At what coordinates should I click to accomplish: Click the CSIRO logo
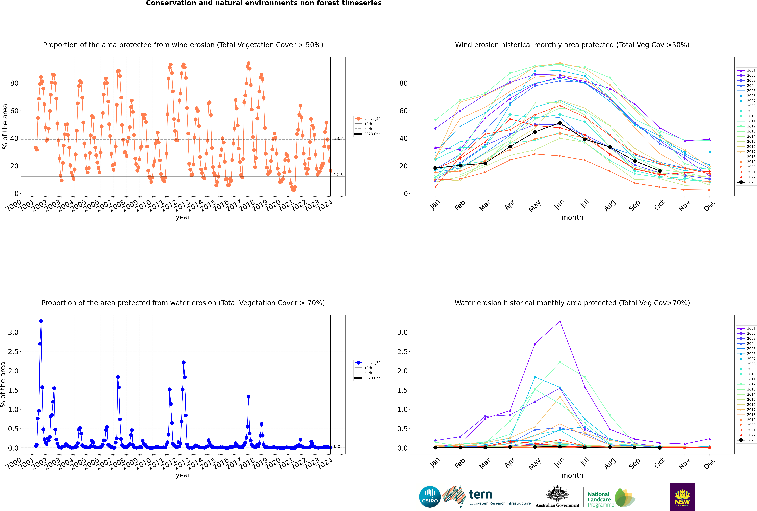tap(430, 497)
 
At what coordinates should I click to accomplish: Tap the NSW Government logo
tap(682, 497)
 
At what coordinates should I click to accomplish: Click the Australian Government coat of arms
tap(557, 494)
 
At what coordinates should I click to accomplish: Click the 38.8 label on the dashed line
tap(338, 139)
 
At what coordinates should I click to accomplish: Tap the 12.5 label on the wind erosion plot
tap(338, 175)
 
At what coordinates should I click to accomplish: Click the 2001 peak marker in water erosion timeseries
tap(41, 321)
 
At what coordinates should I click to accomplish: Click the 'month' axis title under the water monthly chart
tap(572, 475)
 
